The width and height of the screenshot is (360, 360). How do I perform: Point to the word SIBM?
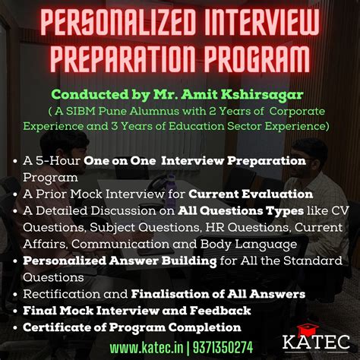(78, 111)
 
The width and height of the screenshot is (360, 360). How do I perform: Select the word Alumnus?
(146, 111)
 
